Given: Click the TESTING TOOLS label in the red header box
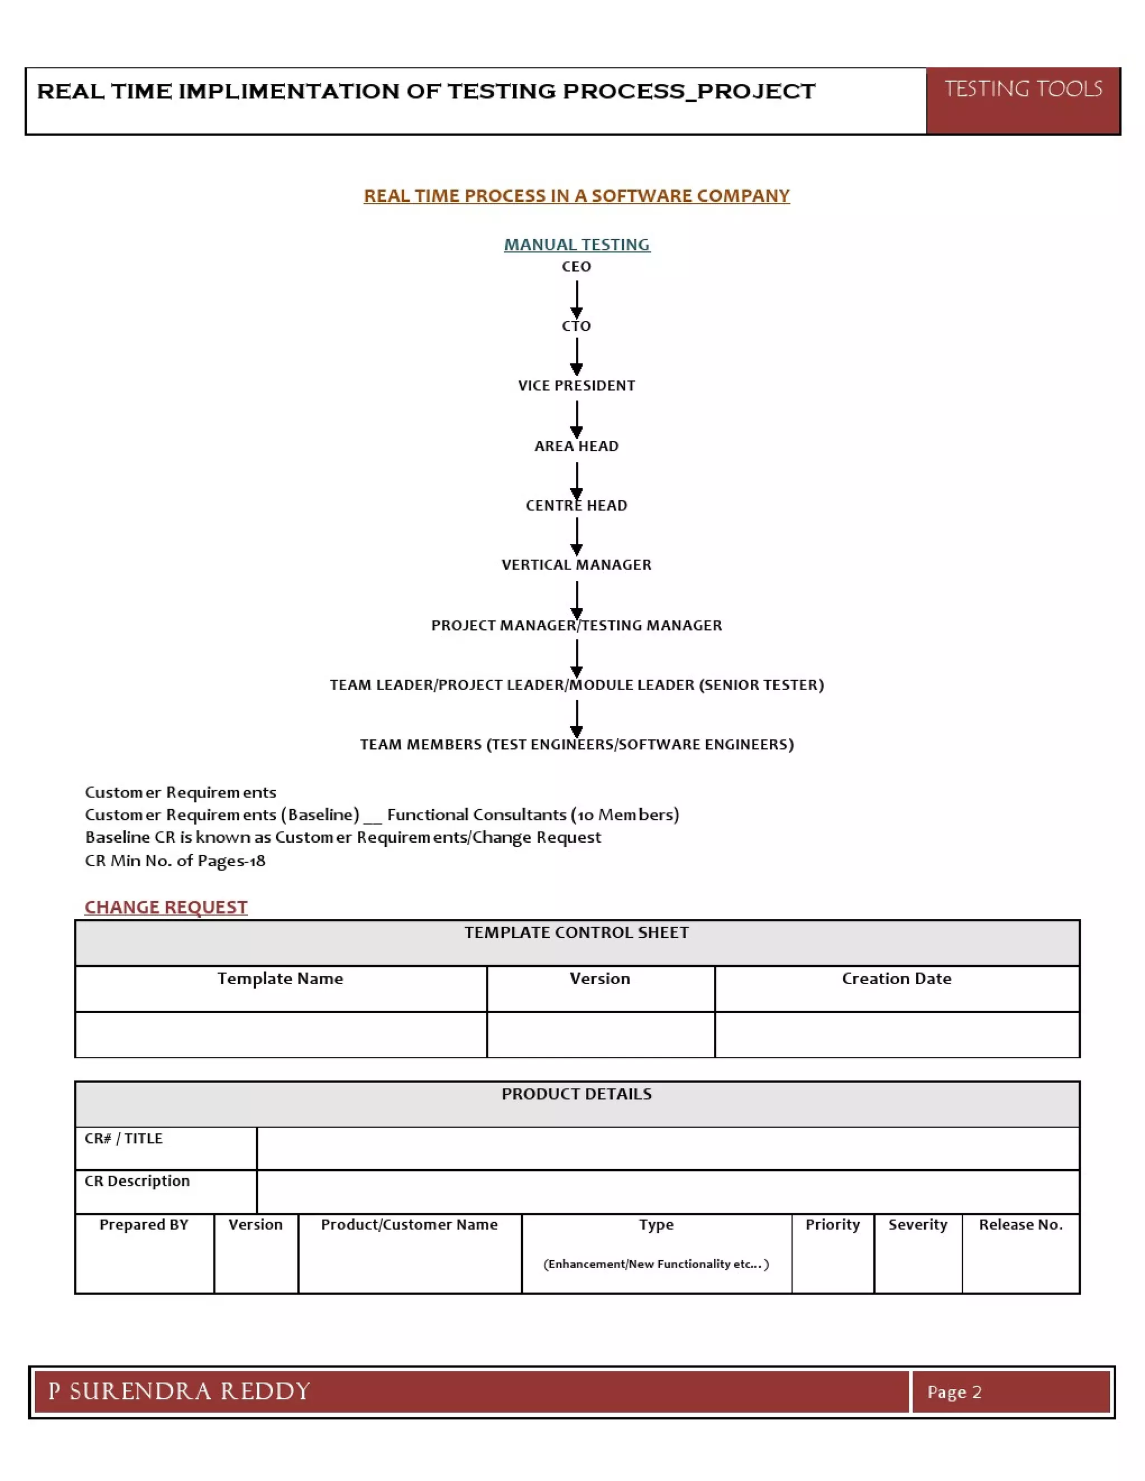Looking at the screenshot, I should [x=1023, y=89].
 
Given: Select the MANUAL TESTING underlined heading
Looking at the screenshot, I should [x=576, y=245].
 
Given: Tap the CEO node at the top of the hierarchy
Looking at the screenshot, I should [x=576, y=267].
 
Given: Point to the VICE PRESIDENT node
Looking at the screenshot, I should [x=576, y=386].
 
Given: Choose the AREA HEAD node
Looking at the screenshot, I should [x=576, y=446].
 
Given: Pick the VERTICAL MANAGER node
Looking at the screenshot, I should [x=576, y=565].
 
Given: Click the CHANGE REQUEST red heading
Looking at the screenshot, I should [x=166, y=907].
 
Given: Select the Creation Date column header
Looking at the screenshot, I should [x=897, y=979].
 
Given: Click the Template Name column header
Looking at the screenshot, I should [x=280, y=979].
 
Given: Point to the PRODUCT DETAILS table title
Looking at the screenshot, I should [x=576, y=1094].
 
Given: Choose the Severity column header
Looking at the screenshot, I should [x=918, y=1224].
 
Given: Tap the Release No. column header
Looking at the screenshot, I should [x=1021, y=1224].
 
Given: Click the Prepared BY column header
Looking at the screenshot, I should [x=144, y=1224].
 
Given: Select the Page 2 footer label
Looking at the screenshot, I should [x=954, y=1392].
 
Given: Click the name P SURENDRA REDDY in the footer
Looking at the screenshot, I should [x=179, y=1392].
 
